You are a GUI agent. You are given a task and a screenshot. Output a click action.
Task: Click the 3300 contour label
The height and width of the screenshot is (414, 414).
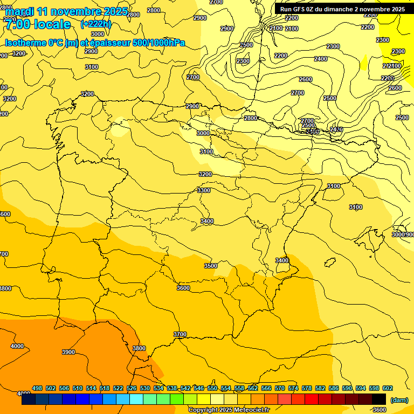coord(203,190)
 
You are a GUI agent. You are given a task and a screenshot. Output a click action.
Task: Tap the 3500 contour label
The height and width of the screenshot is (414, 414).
coord(210,266)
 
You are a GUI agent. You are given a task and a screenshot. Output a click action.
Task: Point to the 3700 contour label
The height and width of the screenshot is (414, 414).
coord(180,335)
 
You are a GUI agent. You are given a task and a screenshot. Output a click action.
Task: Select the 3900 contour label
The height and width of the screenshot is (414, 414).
coord(68,352)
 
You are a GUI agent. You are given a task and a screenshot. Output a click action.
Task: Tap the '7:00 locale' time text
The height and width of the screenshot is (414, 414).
coord(38,24)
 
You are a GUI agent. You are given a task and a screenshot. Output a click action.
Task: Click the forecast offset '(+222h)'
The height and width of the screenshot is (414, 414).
coord(95,24)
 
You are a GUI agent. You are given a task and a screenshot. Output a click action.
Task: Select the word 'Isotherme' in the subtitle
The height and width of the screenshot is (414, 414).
coord(26,43)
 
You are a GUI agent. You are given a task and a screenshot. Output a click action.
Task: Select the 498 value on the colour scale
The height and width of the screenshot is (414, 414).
coord(37,388)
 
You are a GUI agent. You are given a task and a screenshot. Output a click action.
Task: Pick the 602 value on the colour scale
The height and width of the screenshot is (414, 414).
coord(388,388)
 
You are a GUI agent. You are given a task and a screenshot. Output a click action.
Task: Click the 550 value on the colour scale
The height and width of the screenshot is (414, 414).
coord(212,388)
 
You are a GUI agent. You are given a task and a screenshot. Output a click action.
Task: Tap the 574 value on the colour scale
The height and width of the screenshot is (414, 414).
coord(293,388)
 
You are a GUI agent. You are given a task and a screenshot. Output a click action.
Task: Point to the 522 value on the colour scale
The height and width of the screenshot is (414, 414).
coord(118,388)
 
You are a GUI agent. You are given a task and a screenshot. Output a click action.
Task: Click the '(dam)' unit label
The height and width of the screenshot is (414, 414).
coord(399,400)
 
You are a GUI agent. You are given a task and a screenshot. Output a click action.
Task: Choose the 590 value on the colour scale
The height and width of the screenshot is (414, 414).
coord(347,388)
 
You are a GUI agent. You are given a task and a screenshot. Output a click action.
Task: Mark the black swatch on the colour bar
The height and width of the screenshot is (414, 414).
coord(379,399)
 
